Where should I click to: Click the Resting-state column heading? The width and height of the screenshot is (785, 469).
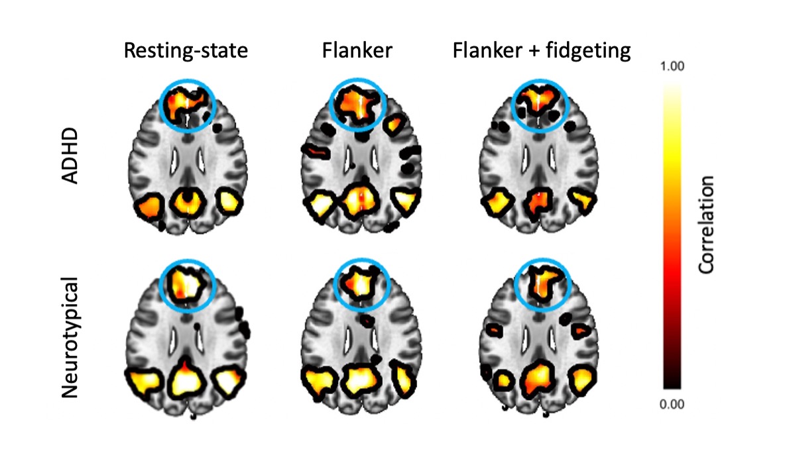point(186,51)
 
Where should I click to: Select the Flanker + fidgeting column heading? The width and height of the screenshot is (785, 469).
point(542,51)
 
